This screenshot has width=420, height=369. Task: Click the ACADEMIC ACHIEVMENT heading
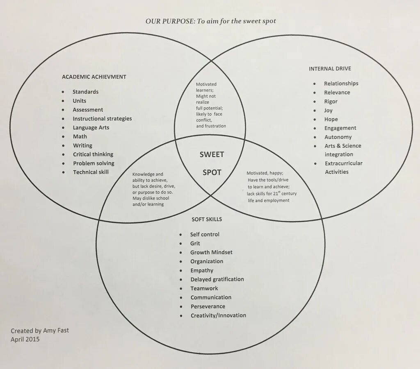coord(94,77)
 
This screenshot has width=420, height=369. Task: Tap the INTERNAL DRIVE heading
coord(330,69)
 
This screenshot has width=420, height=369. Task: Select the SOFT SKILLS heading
coord(207,220)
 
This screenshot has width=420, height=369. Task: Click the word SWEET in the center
coord(212,154)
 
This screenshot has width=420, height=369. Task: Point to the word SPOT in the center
coord(212,172)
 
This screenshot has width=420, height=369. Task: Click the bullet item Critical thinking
coord(93,154)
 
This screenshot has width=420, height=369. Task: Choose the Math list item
coord(80,136)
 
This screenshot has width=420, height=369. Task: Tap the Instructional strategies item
coord(102,119)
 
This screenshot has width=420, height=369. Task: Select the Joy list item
coord(329,110)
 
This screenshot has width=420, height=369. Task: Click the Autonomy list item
coord(338,137)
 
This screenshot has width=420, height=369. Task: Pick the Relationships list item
coord(341,84)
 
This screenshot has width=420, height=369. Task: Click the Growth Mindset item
coord(211,252)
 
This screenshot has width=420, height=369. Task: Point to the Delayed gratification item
coord(217,279)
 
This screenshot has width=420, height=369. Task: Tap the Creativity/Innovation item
coord(218,315)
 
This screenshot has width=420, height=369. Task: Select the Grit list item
coord(195,243)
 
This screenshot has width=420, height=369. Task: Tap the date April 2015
coord(25,339)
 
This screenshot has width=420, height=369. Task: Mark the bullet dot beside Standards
coord(63,92)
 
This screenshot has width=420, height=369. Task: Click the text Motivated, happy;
coord(265,173)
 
